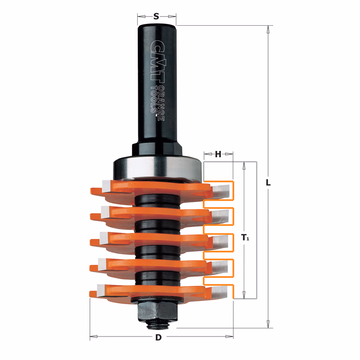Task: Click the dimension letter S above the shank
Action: (156, 16)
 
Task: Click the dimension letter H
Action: (218, 154)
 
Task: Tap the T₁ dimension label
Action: (245, 237)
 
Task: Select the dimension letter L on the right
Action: (268, 183)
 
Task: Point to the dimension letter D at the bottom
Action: (158, 337)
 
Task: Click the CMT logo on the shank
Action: (158, 61)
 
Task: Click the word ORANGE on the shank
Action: (161, 103)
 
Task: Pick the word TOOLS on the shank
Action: (154, 100)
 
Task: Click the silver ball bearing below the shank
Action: (157, 168)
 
